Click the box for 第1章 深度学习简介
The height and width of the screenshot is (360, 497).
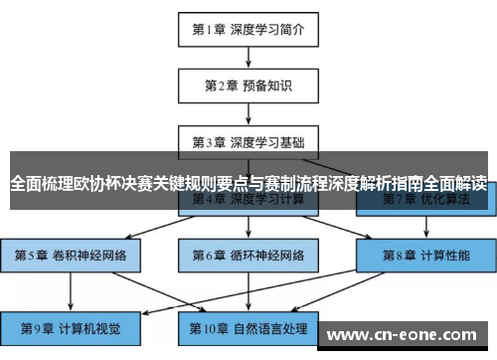tap(248, 29)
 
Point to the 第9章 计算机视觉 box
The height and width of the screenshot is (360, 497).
tap(72, 327)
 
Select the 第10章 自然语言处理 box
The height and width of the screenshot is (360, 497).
tap(248, 327)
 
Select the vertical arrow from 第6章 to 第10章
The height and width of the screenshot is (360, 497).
tap(248, 291)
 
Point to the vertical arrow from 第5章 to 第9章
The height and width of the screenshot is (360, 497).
tap(72, 291)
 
